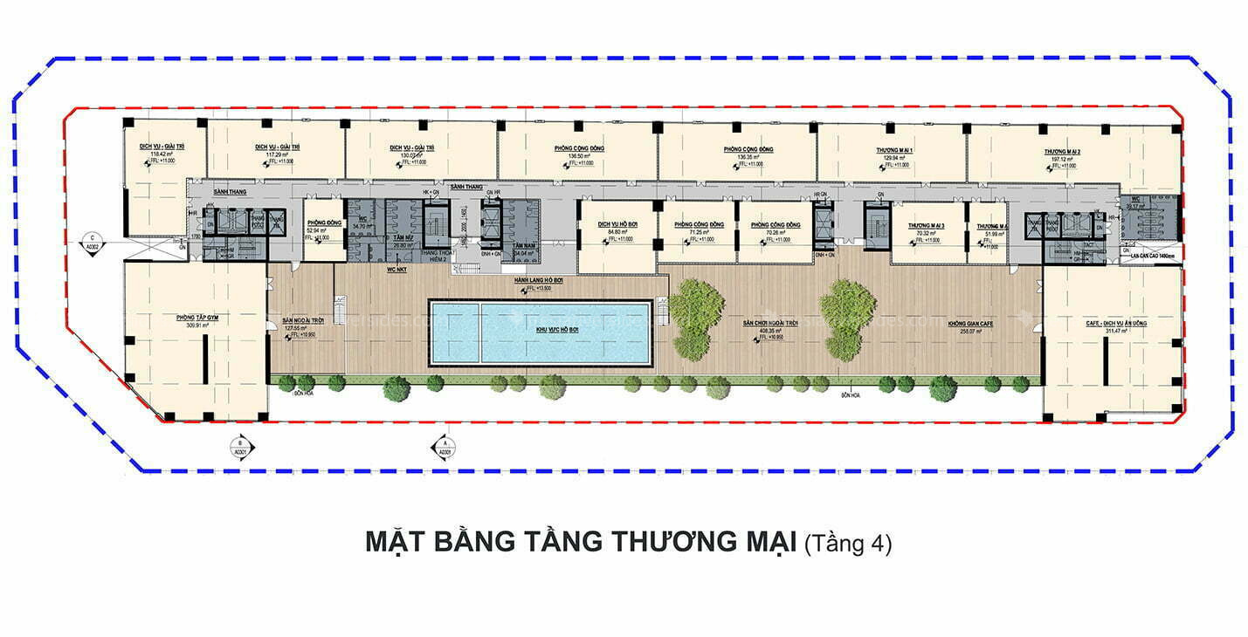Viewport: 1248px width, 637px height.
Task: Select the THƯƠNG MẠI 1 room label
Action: coord(894,150)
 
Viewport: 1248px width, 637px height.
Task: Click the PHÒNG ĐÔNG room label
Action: coord(323,223)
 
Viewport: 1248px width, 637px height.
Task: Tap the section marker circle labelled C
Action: coord(92,237)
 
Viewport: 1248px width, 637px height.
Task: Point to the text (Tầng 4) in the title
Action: coord(847,544)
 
